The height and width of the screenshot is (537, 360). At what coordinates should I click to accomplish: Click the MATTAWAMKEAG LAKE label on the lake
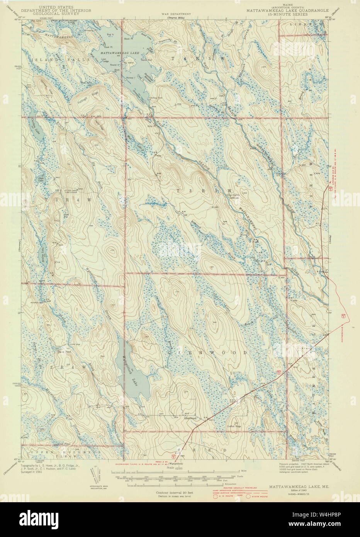point(119,51)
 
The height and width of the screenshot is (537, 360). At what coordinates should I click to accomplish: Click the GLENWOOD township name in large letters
point(207,353)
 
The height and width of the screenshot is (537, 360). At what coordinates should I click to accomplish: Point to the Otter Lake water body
point(40,179)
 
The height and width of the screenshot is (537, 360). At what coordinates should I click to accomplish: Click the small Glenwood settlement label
point(190,418)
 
